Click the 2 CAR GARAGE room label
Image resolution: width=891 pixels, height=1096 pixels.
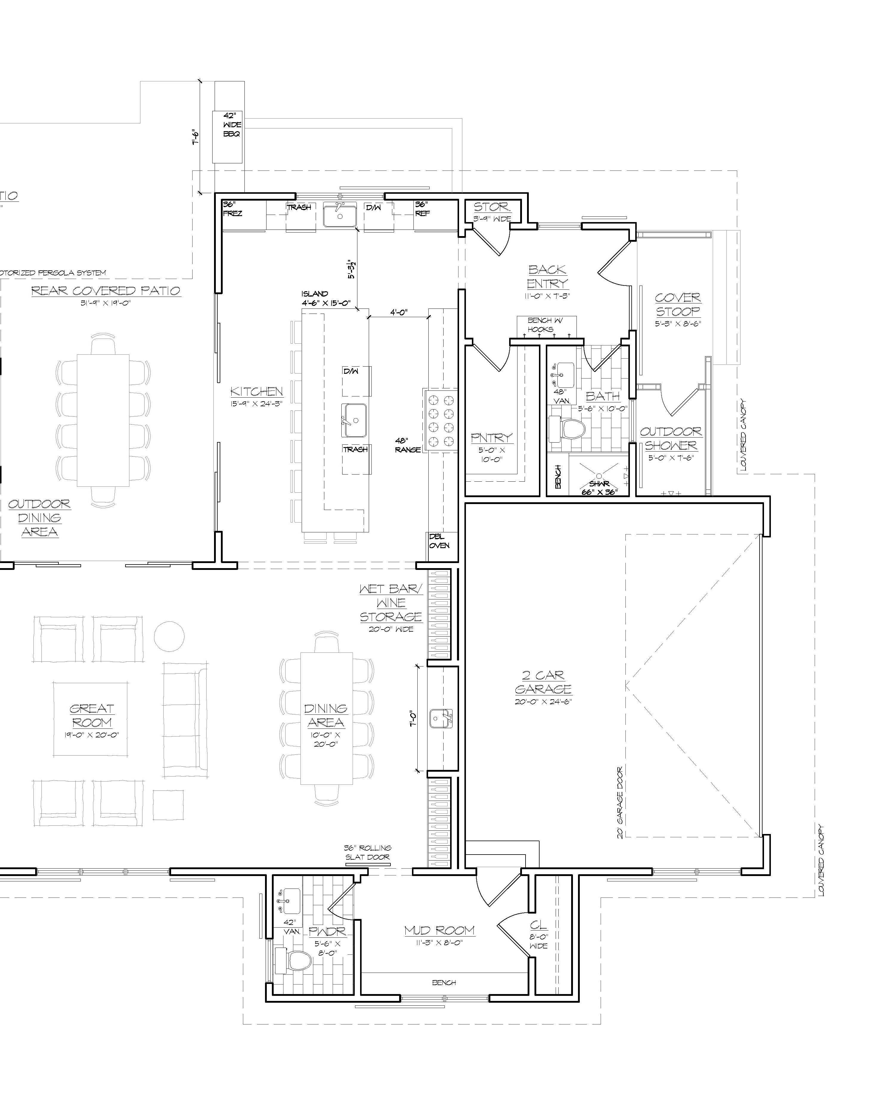(x=543, y=683)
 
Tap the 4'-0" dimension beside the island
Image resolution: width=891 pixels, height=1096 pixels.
(x=399, y=312)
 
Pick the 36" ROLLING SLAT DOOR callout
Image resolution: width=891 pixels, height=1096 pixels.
(x=368, y=852)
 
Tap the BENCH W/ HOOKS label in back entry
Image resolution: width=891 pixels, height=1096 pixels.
(x=545, y=325)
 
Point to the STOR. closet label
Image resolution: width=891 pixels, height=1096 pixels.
(x=492, y=207)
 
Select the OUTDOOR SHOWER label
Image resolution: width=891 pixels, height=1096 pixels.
(x=670, y=439)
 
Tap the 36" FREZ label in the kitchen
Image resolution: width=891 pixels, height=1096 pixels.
(x=232, y=208)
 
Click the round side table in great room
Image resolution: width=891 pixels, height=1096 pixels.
(x=169, y=636)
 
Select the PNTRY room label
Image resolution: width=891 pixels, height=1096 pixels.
(x=492, y=438)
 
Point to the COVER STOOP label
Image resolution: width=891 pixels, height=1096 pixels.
(x=678, y=304)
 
